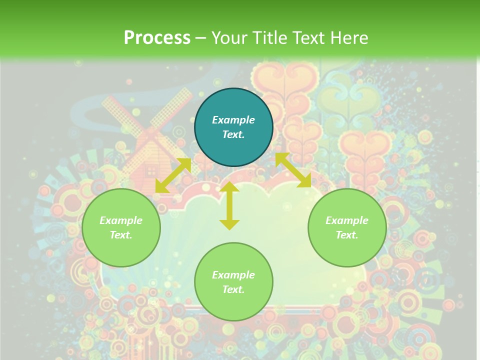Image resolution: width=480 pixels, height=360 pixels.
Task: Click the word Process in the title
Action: pyautogui.click(x=157, y=38)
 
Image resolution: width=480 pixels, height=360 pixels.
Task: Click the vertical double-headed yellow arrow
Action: pyautogui.click(x=229, y=205)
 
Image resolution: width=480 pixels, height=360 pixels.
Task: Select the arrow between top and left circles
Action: pyautogui.click(x=173, y=175)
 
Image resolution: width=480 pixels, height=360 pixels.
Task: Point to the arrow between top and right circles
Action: pyautogui.click(x=293, y=170)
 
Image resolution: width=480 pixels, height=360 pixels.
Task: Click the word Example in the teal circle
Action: pyautogui.click(x=233, y=120)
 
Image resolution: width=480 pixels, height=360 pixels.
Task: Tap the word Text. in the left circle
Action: pyautogui.click(x=121, y=235)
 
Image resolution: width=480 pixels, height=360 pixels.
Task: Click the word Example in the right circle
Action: pyautogui.click(x=347, y=220)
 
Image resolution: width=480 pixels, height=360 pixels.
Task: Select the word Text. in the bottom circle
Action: pyautogui.click(x=233, y=289)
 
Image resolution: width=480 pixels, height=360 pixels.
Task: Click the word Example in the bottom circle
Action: pyautogui.click(x=233, y=275)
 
